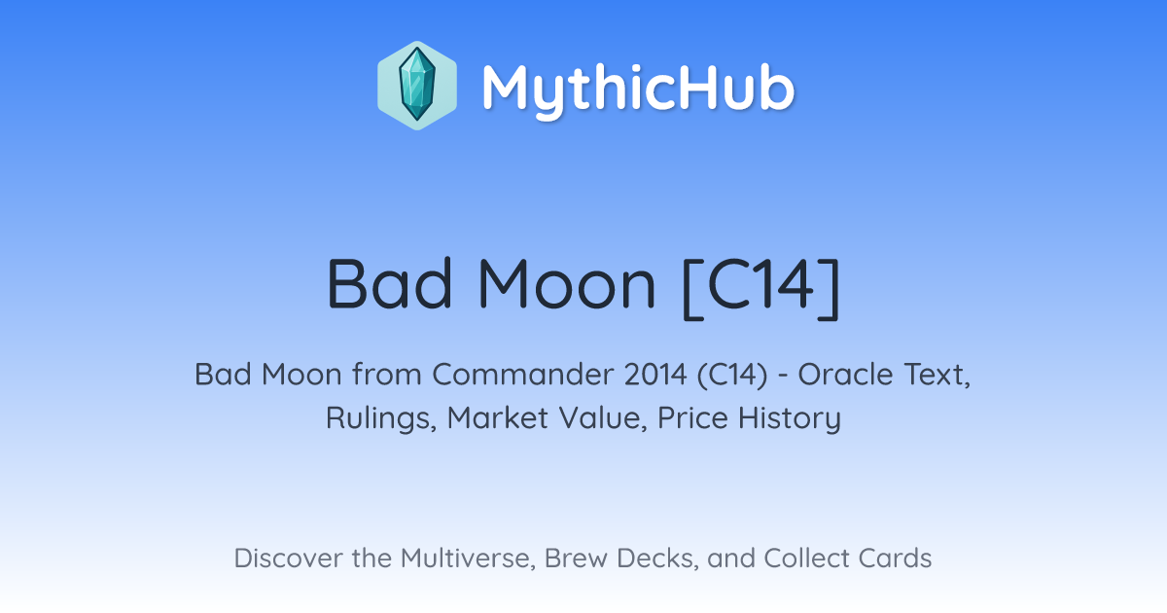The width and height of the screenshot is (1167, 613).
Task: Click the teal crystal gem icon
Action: (x=417, y=86)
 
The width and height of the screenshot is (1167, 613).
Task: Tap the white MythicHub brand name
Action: (x=638, y=90)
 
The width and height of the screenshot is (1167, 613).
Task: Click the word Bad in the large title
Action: (x=389, y=284)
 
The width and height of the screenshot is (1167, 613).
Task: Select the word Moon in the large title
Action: (x=566, y=284)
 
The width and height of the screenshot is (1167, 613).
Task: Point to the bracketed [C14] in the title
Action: (x=761, y=287)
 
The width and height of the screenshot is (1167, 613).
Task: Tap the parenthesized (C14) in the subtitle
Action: (x=732, y=376)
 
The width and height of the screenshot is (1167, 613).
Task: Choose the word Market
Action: (x=498, y=417)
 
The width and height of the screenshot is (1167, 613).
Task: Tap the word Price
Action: (x=692, y=417)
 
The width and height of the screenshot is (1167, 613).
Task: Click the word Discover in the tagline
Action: (x=288, y=558)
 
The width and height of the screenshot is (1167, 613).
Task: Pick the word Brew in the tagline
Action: (x=576, y=558)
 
